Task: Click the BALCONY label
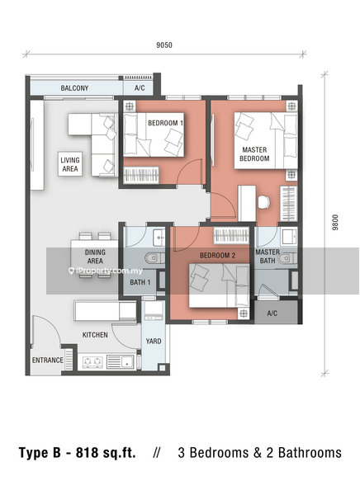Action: coord(74,88)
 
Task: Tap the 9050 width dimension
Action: coord(164,45)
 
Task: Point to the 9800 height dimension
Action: coord(335,222)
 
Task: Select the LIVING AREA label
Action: coord(70,164)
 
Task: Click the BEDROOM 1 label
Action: coord(166,123)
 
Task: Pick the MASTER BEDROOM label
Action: coord(254,154)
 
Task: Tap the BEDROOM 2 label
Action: coord(217,256)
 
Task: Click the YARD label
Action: coord(154,342)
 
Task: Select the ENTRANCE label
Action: coord(48,361)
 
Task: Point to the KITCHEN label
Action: coord(95,335)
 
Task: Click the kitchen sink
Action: coord(120,362)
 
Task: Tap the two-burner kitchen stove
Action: coord(93,362)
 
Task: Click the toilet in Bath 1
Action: coord(155,258)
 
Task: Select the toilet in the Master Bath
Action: coord(287,258)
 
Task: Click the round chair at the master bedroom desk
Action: coord(263,202)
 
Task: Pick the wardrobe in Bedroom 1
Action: coord(141,175)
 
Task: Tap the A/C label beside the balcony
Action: coord(140,88)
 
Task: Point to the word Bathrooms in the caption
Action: coord(310,453)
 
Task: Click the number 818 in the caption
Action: coord(88,453)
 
